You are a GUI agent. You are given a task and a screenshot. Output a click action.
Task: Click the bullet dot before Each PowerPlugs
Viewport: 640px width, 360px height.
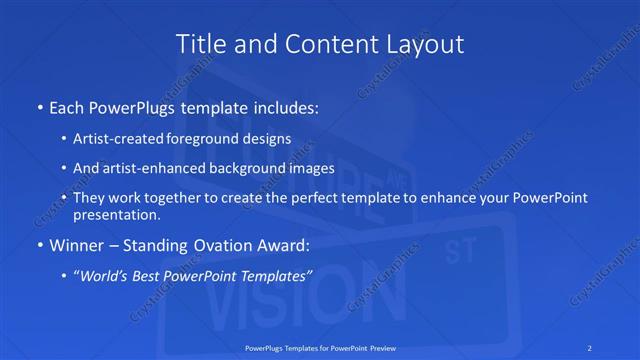(38, 105)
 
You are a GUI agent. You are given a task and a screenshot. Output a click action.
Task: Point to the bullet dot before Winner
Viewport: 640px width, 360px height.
(38, 244)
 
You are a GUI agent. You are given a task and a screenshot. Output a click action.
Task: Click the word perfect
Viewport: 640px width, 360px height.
(308, 198)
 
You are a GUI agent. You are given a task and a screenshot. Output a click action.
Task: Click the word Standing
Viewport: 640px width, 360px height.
(158, 244)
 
